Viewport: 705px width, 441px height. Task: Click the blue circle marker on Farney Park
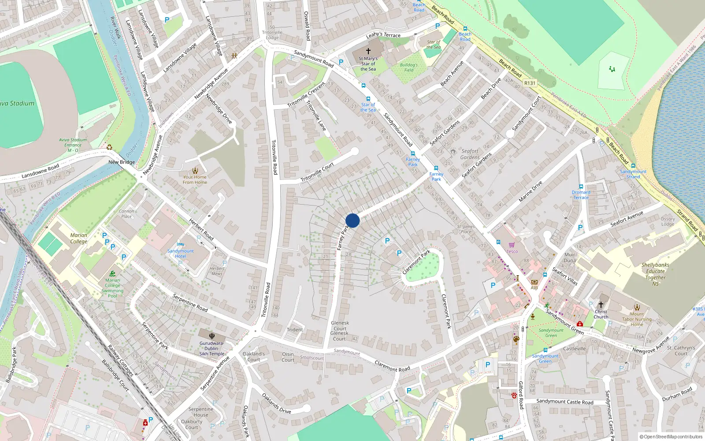pyautogui.click(x=352, y=220)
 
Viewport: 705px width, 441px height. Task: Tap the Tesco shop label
pyautogui.click(x=512, y=251)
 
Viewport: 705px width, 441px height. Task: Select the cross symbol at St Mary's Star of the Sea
pyautogui.click(x=368, y=51)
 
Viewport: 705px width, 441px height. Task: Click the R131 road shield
pyautogui.click(x=530, y=83)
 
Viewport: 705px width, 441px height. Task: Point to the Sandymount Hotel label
pyautogui.click(x=180, y=254)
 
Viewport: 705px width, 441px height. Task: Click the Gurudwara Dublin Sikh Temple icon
pyautogui.click(x=212, y=336)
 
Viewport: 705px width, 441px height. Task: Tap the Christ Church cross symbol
pyautogui.click(x=601, y=305)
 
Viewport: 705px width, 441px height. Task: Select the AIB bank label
pyautogui.click(x=534, y=288)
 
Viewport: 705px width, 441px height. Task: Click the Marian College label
pyautogui.click(x=79, y=238)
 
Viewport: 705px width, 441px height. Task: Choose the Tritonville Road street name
pyautogui.click(x=274, y=157)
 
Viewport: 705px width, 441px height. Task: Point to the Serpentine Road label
pyautogui.click(x=190, y=303)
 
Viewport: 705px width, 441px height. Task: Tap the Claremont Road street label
pyautogui.click(x=392, y=366)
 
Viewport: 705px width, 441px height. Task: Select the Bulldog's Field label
pyautogui.click(x=408, y=67)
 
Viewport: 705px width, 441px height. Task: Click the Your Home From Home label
pyautogui.click(x=195, y=179)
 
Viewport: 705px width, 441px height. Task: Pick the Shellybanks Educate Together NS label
pyautogui.click(x=655, y=274)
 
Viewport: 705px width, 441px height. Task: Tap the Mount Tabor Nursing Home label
pyautogui.click(x=637, y=319)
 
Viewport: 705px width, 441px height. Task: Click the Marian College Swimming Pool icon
pyautogui.click(x=112, y=273)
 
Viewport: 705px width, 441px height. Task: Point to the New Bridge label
pyautogui.click(x=122, y=162)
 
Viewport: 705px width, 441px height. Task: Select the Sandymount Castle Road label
pyautogui.click(x=565, y=401)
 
